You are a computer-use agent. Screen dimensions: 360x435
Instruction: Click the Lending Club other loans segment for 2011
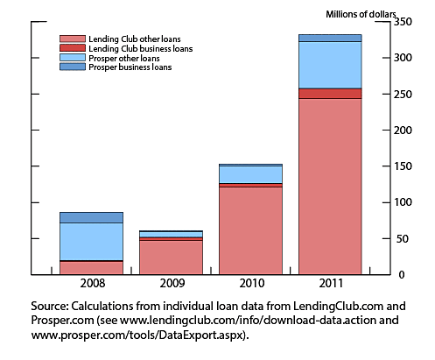[330, 186]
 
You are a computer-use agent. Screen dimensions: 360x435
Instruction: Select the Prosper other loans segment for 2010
[250, 174]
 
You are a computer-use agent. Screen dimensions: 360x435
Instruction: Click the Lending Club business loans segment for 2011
[330, 93]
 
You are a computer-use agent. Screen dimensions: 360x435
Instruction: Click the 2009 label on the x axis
[173, 286]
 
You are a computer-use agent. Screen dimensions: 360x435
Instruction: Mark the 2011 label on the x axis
[330, 286]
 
